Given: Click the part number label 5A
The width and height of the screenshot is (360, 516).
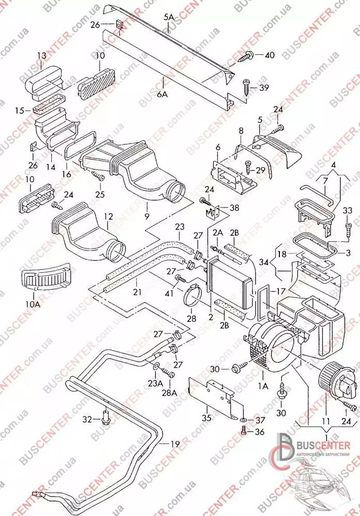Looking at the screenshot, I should pyautogui.click(x=169, y=17).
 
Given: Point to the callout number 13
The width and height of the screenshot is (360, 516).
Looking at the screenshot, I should pyautogui.click(x=41, y=55).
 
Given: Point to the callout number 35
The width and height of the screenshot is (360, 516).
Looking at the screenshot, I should pyautogui.click(x=207, y=418).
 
